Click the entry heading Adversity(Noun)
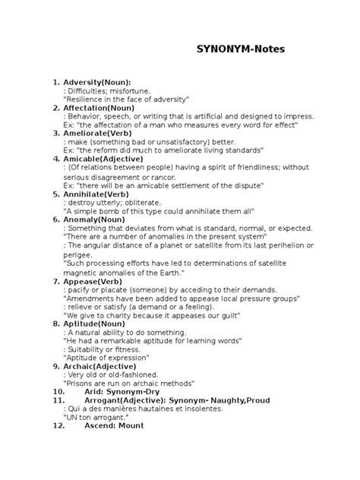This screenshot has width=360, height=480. tap(97, 81)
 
